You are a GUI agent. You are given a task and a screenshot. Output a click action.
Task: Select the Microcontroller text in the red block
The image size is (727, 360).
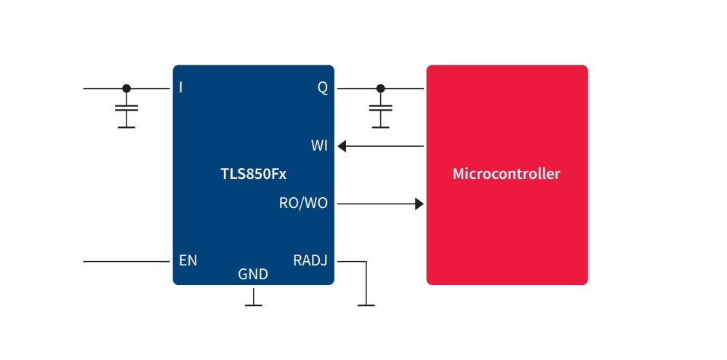coord(506,175)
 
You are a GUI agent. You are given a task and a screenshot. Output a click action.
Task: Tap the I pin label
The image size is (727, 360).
coord(180,88)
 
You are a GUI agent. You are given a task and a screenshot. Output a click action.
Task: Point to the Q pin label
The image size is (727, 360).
coord(322,88)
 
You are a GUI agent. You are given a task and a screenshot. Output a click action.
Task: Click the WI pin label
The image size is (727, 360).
coord(319,146)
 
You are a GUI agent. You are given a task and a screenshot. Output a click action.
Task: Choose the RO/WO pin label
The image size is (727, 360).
coord(303,204)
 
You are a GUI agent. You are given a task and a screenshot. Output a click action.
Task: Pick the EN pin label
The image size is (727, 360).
coord(188,260)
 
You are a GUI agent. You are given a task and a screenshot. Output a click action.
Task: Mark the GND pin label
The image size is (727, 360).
coord(253,275)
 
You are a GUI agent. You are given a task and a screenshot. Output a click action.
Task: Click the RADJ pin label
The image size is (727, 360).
coord(310,260)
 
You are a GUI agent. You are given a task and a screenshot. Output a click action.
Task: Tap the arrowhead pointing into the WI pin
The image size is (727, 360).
coord(342,146)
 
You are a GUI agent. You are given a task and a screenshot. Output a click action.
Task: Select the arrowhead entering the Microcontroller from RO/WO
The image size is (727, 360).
coord(419,204)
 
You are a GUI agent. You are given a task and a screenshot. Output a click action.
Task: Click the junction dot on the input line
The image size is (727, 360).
coord(126,88)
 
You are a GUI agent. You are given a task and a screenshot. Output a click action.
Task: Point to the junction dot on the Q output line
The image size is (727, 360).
coord(379,88)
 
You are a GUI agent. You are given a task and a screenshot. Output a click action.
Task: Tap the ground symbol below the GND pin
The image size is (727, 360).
coord(253,304)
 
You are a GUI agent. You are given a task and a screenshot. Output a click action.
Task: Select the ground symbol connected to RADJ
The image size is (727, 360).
coord(366,304)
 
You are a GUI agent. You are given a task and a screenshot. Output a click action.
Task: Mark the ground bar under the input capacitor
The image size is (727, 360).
coord(126,127)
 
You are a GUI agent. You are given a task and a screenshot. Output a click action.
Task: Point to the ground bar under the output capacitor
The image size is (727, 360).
coord(379,127)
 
